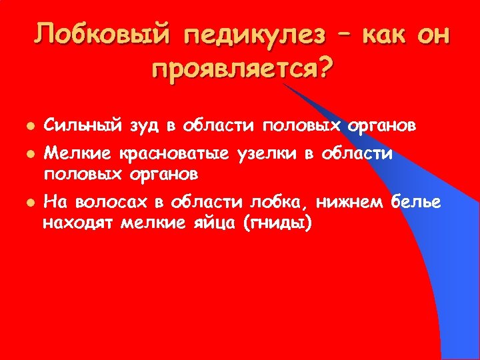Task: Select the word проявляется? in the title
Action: tap(241, 68)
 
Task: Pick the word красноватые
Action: tap(176, 155)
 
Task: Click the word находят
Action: tap(79, 222)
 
